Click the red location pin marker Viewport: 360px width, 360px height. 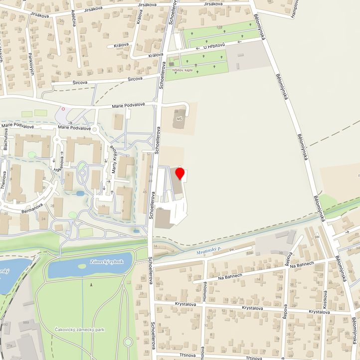tap(180, 174)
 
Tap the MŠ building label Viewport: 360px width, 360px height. tap(180, 120)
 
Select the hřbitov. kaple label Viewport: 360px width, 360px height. tap(182, 71)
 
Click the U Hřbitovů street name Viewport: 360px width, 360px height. tap(214, 47)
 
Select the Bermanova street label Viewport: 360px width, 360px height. tap(32, 208)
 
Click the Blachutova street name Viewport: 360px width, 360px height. tap(5, 141)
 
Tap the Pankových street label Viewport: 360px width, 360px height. tap(31, 65)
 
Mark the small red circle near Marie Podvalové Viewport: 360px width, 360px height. tap(63, 108)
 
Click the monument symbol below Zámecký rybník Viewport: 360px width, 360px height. tap(91, 285)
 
